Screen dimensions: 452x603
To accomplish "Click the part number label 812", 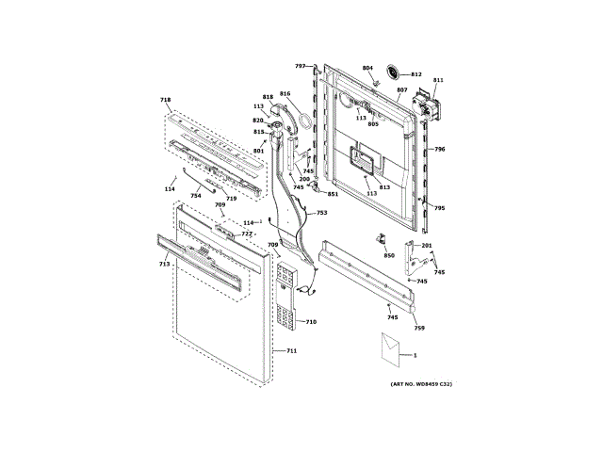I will coord(416,74).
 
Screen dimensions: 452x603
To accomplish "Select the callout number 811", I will coord(437,81).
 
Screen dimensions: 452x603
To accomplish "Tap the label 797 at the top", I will coord(301,66).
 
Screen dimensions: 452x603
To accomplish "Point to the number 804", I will coord(367,69).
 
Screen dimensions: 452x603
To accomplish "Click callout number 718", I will coord(166,100).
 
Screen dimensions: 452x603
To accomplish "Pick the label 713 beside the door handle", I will coord(164,265).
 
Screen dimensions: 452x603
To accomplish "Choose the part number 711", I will coord(291,351).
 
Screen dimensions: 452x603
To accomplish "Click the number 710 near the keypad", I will coord(311,322).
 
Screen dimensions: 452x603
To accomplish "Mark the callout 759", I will coord(420,328).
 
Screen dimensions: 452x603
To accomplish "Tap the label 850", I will coord(389,255).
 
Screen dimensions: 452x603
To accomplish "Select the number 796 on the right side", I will coord(439,150).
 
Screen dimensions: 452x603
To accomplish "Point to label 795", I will coord(439,208).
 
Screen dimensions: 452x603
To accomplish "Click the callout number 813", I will coord(384,187).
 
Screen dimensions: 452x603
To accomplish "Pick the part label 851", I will coord(333,194).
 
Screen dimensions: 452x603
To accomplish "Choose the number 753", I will coord(321,213).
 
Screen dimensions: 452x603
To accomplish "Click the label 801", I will coord(258,152).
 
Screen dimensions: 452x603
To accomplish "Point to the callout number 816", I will coord(285,94).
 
